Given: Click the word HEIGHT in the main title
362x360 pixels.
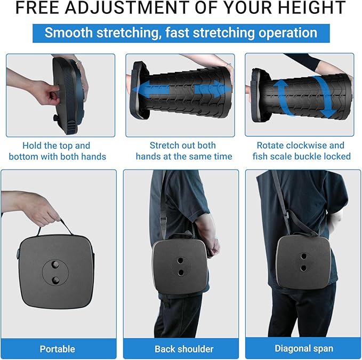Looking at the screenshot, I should click(x=317, y=8).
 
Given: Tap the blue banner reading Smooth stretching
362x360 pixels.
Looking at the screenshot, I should click(x=181, y=33).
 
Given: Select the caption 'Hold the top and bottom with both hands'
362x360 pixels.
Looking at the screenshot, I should click(x=58, y=151).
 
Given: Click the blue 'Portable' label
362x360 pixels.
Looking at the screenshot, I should click(x=58, y=349).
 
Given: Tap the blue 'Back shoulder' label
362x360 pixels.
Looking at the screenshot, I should click(x=184, y=349).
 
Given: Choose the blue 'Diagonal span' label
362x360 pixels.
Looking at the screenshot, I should click(x=303, y=349).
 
